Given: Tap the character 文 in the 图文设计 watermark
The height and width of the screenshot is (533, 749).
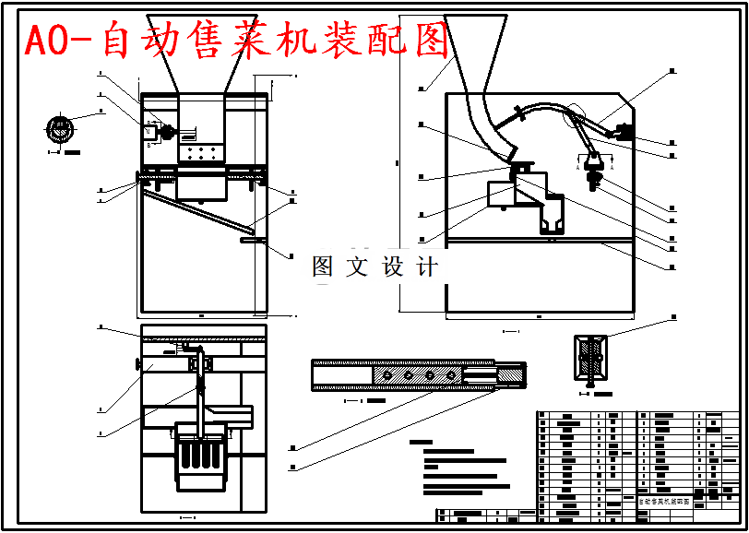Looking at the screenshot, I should pyautogui.click(x=356, y=267).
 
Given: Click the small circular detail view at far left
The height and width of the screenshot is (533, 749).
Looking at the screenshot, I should pyautogui.click(x=61, y=129).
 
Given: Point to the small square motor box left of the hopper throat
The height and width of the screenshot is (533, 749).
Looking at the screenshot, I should pyautogui.click(x=149, y=133).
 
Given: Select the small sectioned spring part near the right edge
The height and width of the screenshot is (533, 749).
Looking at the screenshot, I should pyautogui.click(x=589, y=361).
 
